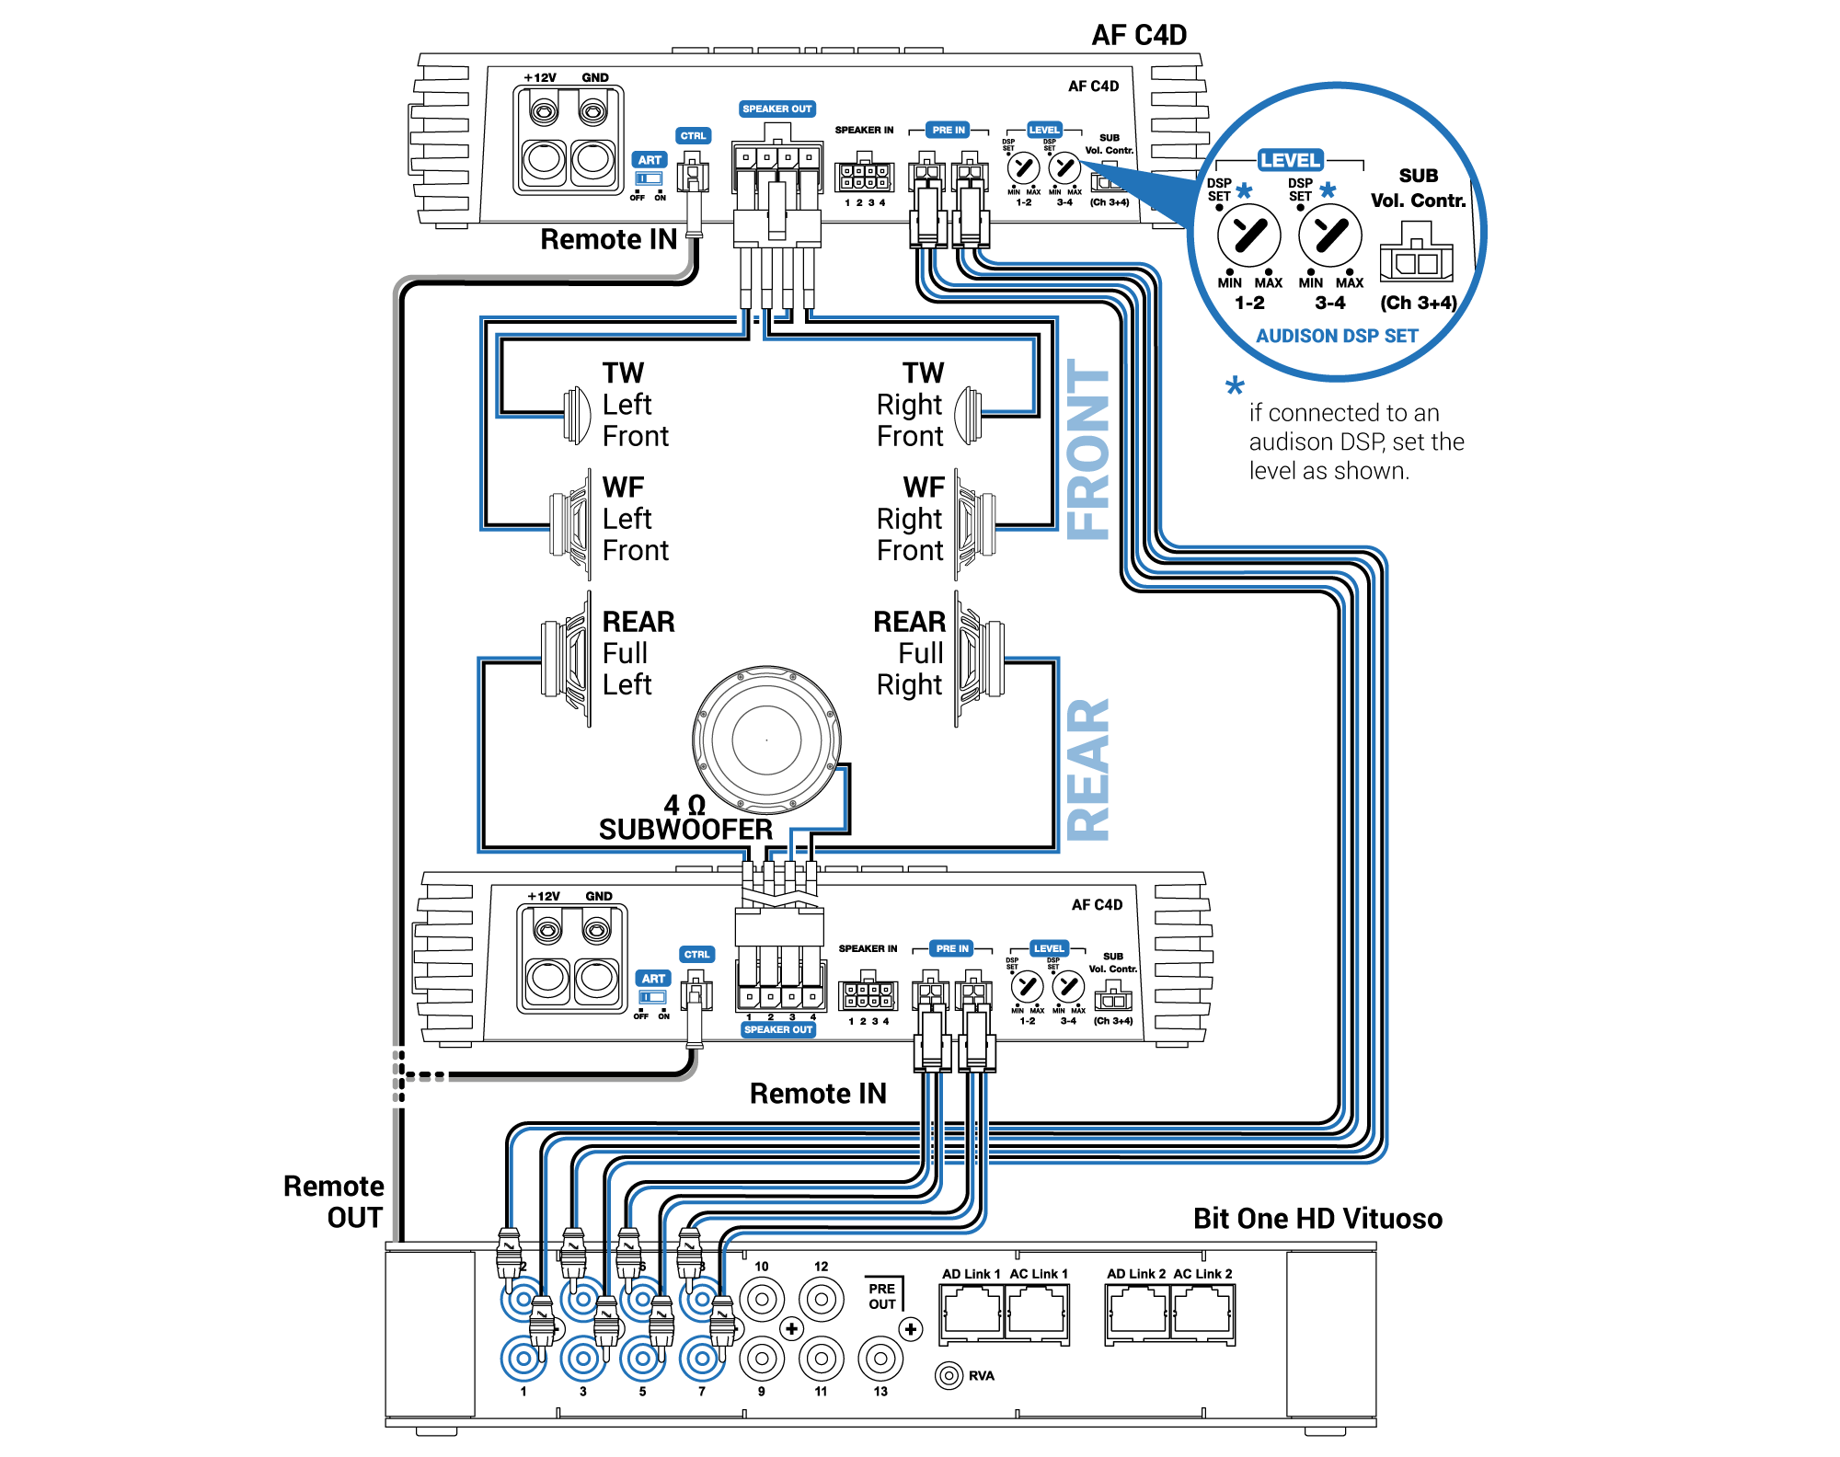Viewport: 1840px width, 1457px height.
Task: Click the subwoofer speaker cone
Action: (x=766, y=740)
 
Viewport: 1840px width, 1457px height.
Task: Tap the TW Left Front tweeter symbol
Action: (x=577, y=415)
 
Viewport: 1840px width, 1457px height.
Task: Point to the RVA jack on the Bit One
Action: (x=949, y=1375)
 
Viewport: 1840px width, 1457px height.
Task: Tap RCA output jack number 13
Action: (x=880, y=1358)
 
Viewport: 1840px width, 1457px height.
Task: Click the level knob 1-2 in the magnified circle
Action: (x=1248, y=235)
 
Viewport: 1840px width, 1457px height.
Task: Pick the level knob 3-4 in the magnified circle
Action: (x=1330, y=235)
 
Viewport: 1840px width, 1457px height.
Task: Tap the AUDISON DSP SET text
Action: (x=1337, y=336)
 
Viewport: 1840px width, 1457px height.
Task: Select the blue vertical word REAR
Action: (x=1088, y=770)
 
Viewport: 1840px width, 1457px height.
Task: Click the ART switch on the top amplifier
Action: (x=650, y=178)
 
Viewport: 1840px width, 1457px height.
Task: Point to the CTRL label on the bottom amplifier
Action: (x=696, y=954)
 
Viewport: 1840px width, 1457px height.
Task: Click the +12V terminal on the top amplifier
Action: (x=544, y=113)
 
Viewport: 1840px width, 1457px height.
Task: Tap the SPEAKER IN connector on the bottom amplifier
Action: (x=868, y=994)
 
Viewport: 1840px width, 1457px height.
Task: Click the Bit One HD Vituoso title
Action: (x=1317, y=1219)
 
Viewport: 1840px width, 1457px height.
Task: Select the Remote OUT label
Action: (x=334, y=1201)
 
